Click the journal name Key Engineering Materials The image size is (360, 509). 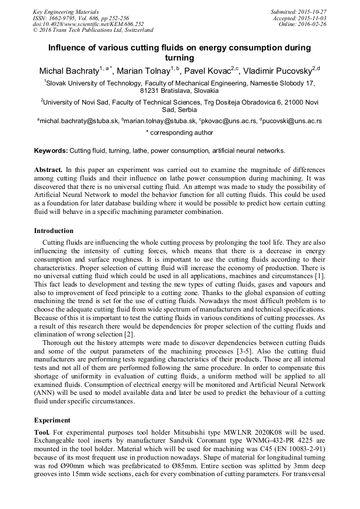click(x=66, y=12)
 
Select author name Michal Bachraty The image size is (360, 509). click(x=68, y=71)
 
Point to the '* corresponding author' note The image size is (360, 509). click(x=179, y=133)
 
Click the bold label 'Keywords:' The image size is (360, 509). click(x=50, y=151)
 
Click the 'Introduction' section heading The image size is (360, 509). click(x=54, y=231)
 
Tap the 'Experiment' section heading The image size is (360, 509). click(x=52, y=420)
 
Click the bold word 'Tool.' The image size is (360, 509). click(x=42, y=433)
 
